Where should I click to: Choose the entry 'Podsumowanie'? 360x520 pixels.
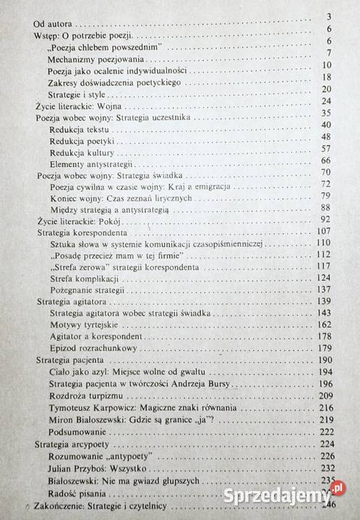tap(74, 431)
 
